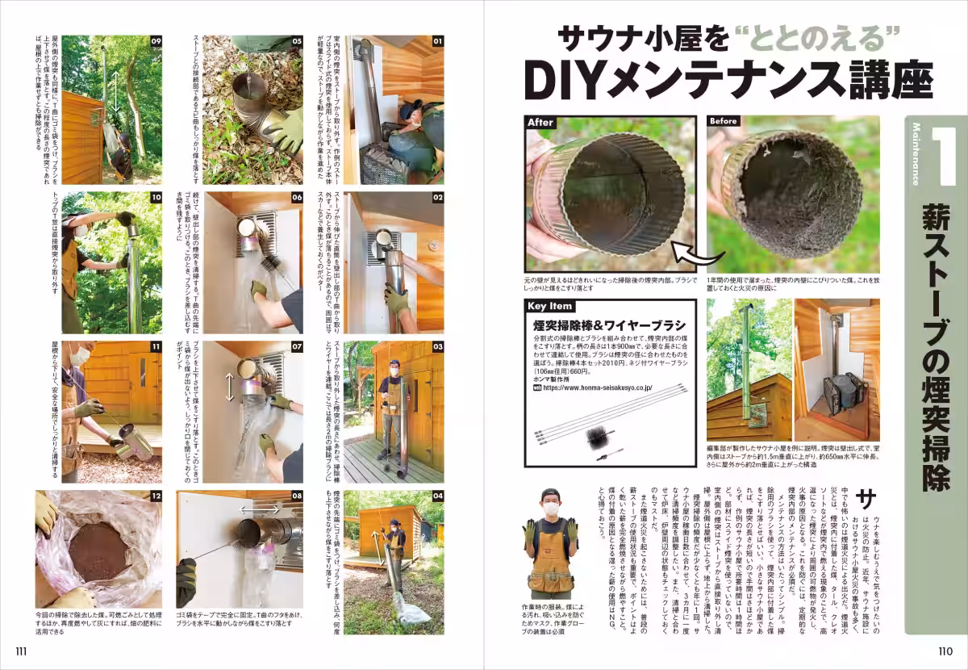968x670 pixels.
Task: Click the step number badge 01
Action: (437, 40)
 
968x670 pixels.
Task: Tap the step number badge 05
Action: (296, 40)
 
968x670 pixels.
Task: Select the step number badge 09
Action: (156, 40)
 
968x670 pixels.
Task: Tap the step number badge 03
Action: (437, 347)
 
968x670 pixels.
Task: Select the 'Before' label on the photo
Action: (724, 122)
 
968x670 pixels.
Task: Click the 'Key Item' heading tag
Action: (551, 306)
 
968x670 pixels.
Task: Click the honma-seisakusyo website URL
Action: (597, 387)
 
